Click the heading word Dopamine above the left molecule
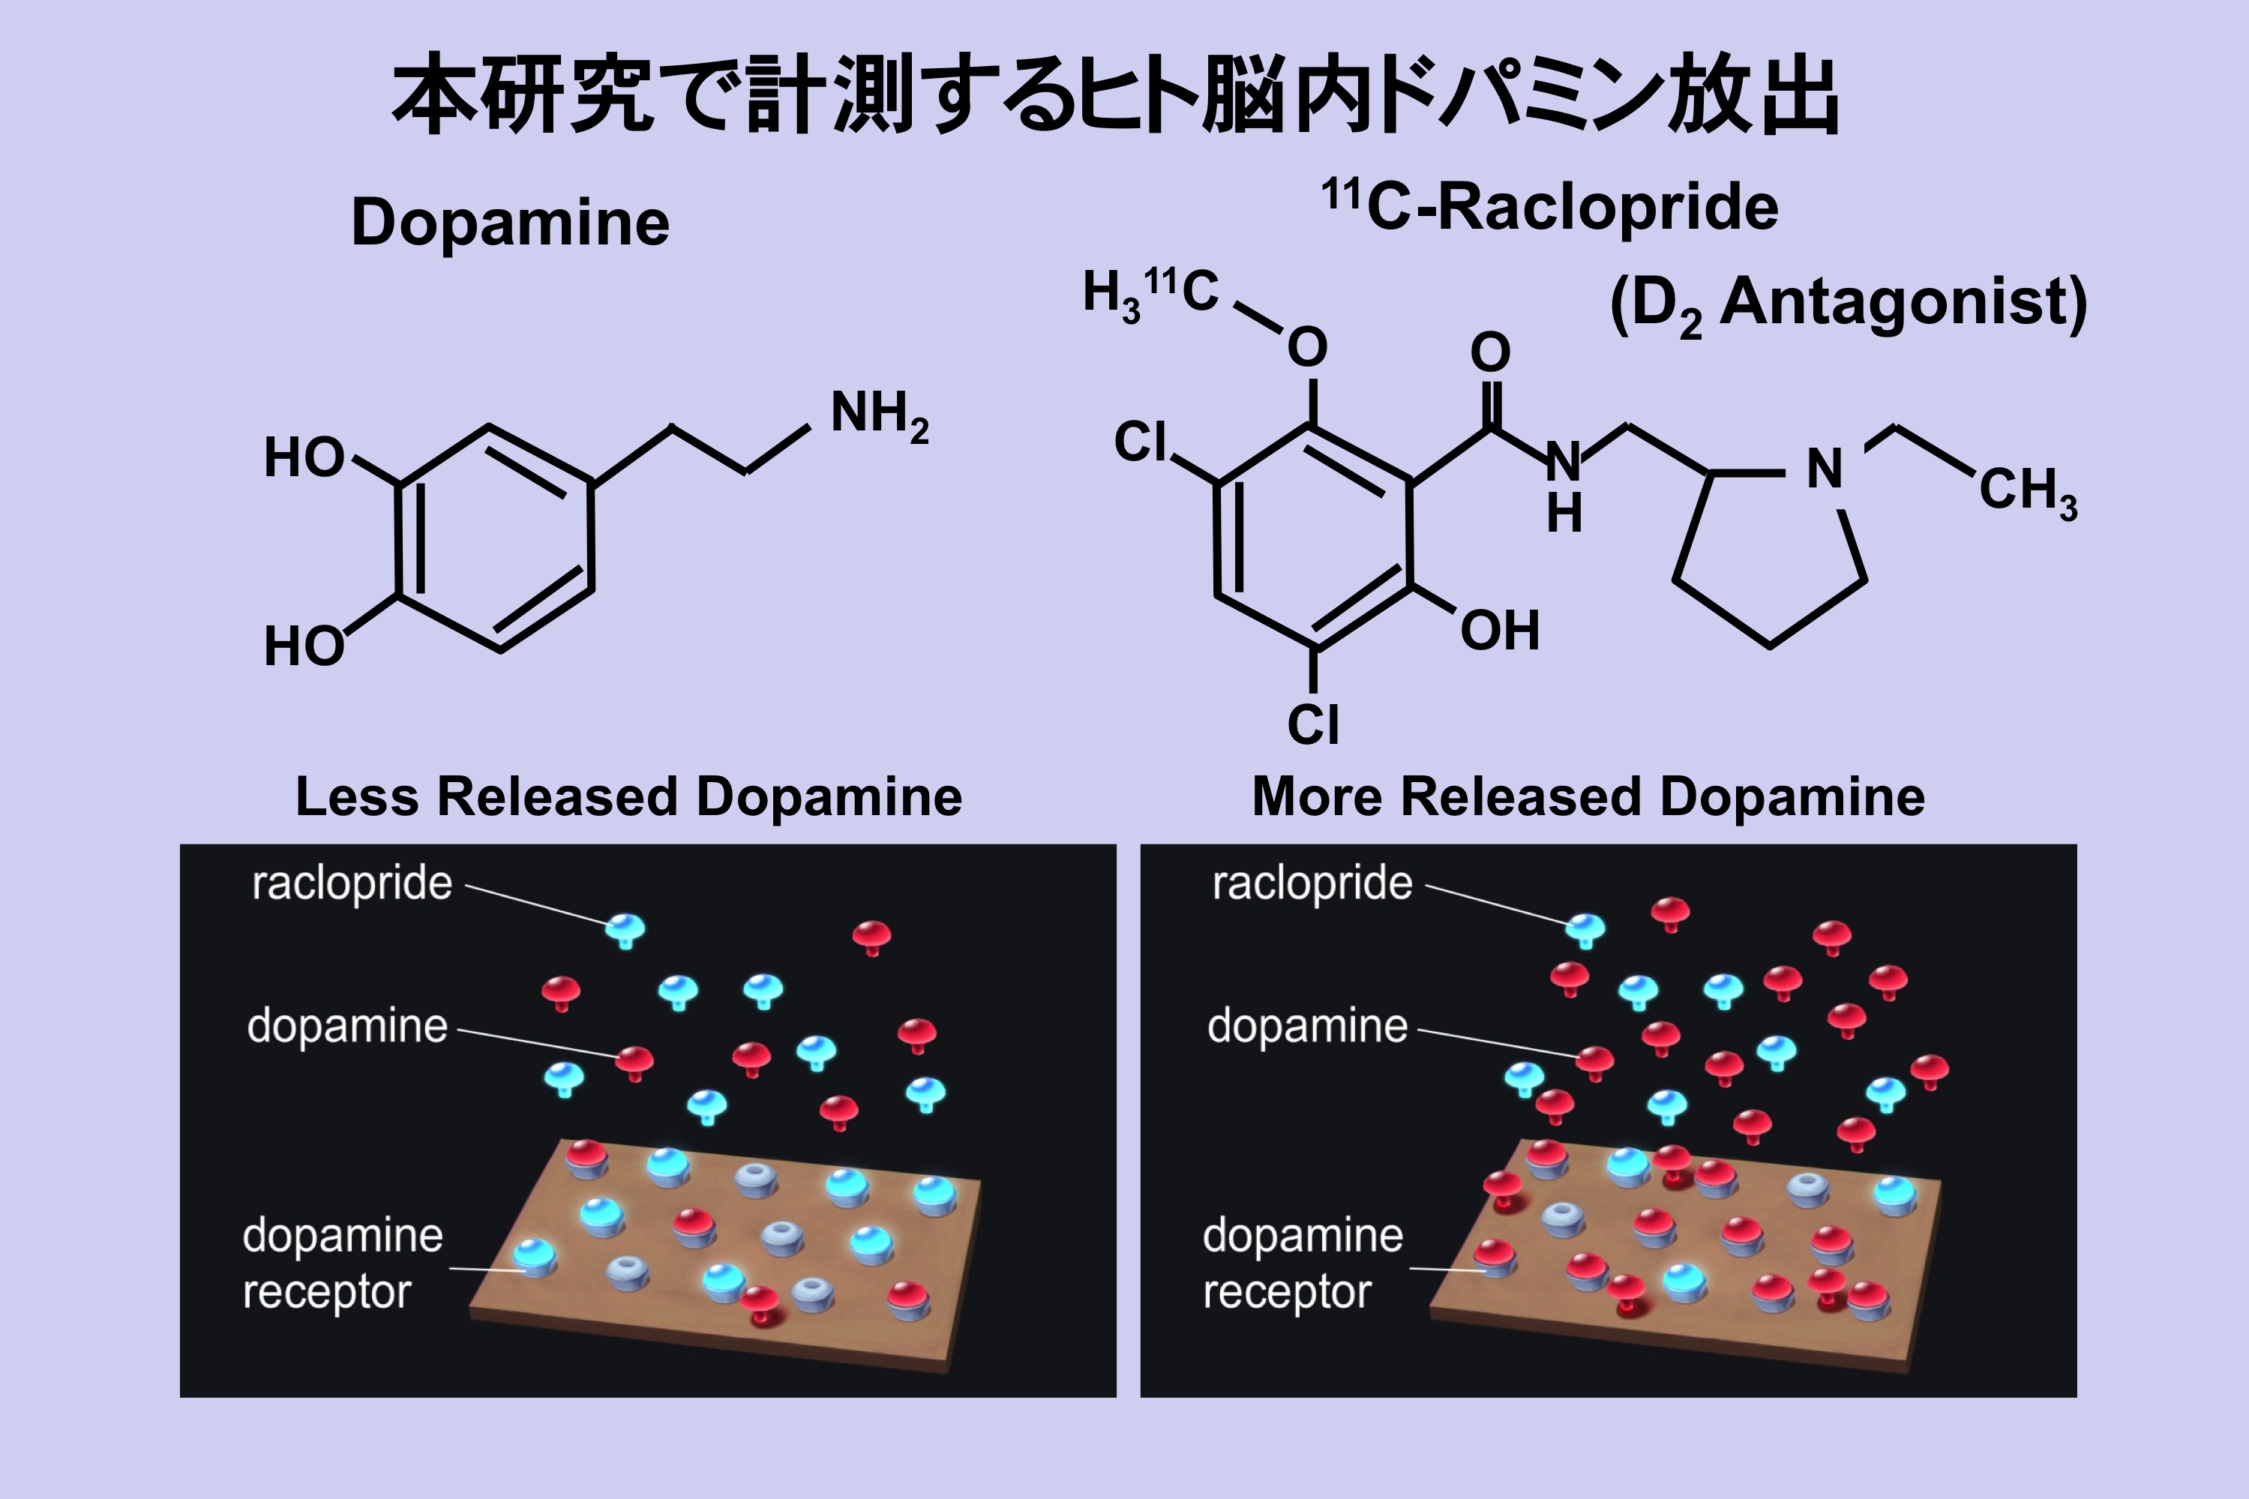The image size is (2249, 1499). [x=511, y=223]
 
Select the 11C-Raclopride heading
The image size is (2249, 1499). [x=1550, y=206]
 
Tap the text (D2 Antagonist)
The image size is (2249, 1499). [x=1848, y=304]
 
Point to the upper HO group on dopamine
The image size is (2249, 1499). [x=304, y=458]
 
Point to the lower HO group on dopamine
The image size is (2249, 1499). [x=304, y=646]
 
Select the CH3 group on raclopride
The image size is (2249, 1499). [x=2027, y=491]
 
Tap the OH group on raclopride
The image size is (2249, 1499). [x=1498, y=631]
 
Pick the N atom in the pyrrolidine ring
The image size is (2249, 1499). [x=1824, y=469]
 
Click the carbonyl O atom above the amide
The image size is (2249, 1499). [x=1490, y=352]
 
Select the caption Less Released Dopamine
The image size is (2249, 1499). [x=628, y=796]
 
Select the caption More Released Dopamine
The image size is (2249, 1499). [x=1588, y=796]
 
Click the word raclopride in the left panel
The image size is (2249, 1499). [x=352, y=883]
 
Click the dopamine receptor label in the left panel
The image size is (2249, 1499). [x=342, y=1263]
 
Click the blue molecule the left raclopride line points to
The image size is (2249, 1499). [x=626, y=928]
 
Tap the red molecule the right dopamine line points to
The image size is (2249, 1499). [x=1594, y=1060]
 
